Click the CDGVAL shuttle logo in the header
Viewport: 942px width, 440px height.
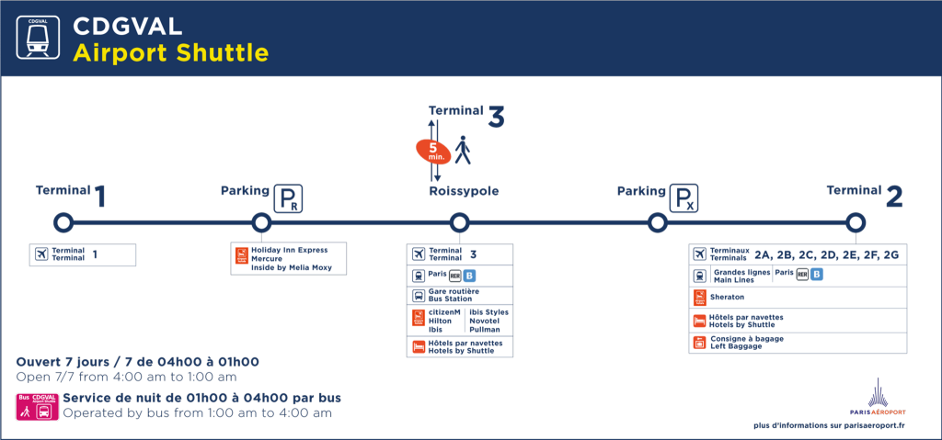pos(40,38)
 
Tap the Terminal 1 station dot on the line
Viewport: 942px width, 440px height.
pos(63,222)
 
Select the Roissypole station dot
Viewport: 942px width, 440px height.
pos(459,222)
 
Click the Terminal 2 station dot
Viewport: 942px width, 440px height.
pos(856,222)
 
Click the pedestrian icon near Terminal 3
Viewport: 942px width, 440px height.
pos(462,150)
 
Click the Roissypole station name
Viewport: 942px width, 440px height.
pos(464,191)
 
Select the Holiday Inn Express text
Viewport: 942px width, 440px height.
pos(290,250)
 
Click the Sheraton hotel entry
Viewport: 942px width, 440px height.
pos(727,298)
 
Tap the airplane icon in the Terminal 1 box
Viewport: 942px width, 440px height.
pos(40,254)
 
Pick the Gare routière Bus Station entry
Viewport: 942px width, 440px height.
pos(450,295)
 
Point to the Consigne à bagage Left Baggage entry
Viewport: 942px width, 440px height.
pos(747,343)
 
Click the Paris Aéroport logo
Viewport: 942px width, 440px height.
pos(878,395)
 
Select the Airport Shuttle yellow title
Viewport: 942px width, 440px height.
pos(170,52)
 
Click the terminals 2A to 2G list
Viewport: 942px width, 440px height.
pos(826,254)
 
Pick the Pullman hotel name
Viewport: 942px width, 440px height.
pos(485,328)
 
